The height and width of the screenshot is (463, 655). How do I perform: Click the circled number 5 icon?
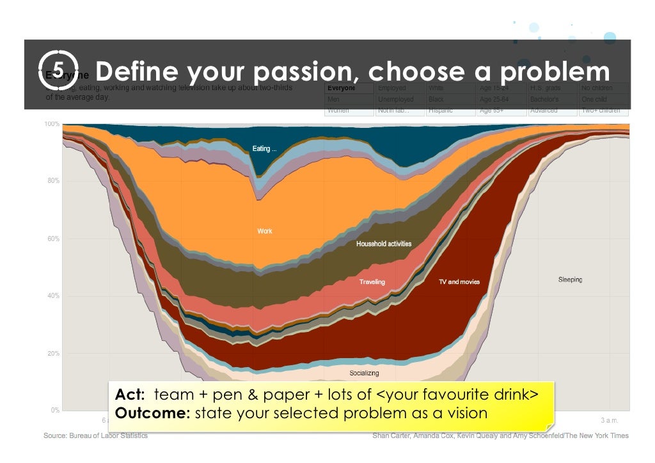[x=58, y=70]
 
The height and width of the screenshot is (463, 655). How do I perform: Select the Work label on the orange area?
[x=265, y=231]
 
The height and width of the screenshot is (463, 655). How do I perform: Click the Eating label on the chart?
[x=264, y=149]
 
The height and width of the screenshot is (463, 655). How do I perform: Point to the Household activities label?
[x=384, y=244]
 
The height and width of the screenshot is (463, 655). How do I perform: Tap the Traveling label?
[x=372, y=281]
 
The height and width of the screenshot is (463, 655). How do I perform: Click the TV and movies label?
[x=459, y=281]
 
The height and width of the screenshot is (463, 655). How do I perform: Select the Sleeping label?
[x=570, y=279]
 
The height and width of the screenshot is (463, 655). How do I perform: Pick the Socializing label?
[x=364, y=373]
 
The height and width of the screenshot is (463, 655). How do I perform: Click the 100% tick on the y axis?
[x=52, y=123]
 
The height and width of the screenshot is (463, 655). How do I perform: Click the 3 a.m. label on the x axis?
[x=610, y=420]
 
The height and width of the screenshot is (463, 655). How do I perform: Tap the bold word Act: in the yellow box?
[x=130, y=394]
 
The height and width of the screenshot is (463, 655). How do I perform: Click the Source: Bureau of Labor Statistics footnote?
[x=95, y=436]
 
